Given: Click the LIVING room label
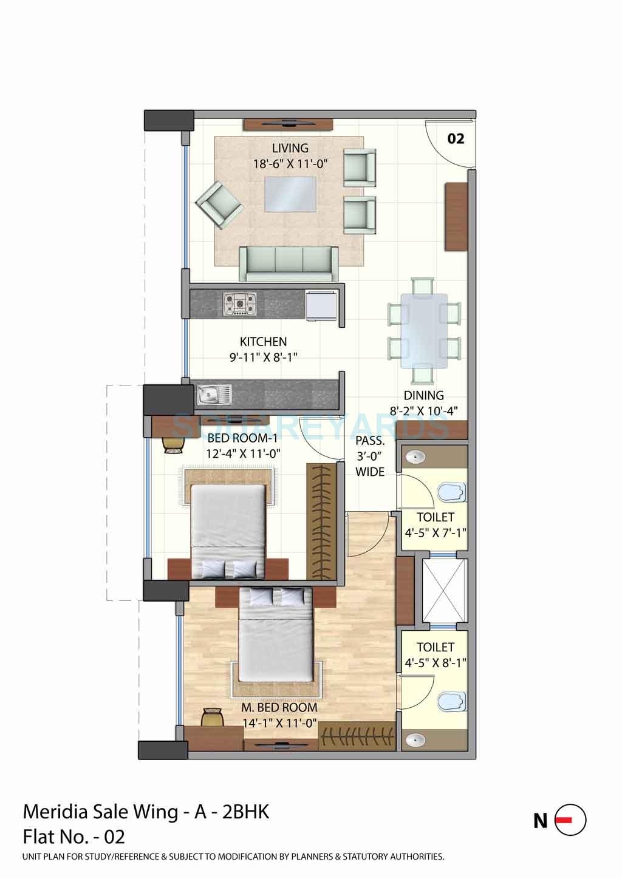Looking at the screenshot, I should coord(290,148).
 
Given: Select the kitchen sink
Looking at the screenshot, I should coord(214,395).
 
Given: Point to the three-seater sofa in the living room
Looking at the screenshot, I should coord(289,263).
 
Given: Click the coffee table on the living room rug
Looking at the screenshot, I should coord(290,194).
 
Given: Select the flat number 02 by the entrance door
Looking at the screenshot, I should coord(456,139).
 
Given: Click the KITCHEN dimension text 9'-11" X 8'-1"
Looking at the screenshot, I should coord(263,358).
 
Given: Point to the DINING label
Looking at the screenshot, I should coord(423,395).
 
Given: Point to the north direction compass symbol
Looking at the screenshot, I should coord(570,820).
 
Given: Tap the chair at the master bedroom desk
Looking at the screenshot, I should coord(211,717).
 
